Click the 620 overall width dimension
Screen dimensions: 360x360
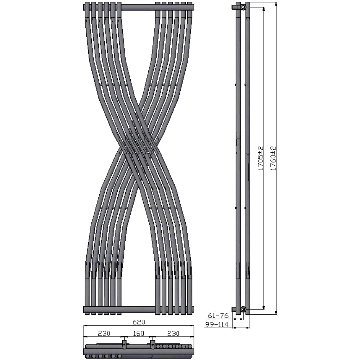pyautogui.click(x=139, y=322)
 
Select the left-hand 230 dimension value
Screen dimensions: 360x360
pyautogui.click(x=104, y=333)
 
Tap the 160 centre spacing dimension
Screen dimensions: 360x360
pyautogui.click(x=139, y=333)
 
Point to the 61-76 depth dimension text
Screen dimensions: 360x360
pyautogui.click(x=218, y=316)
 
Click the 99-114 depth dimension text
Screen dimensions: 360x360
pyautogui.click(x=217, y=324)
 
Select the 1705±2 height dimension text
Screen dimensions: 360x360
pyautogui.click(x=260, y=158)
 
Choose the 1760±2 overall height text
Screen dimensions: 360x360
pyautogui.click(x=273, y=158)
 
